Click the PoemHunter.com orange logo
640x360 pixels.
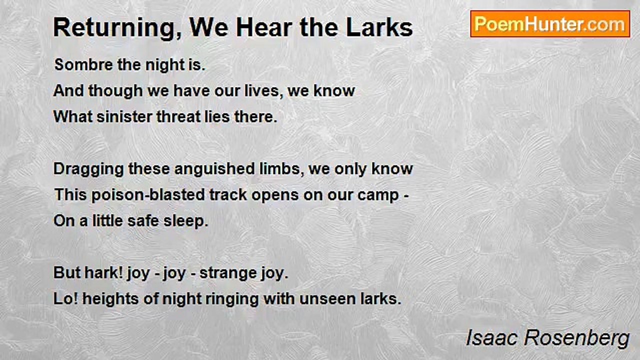click(550, 24)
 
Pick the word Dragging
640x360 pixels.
click(88, 169)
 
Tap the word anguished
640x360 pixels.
click(215, 169)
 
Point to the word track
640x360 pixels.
click(228, 195)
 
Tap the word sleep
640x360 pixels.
click(186, 221)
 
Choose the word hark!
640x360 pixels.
click(103, 272)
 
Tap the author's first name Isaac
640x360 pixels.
click(492, 338)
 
